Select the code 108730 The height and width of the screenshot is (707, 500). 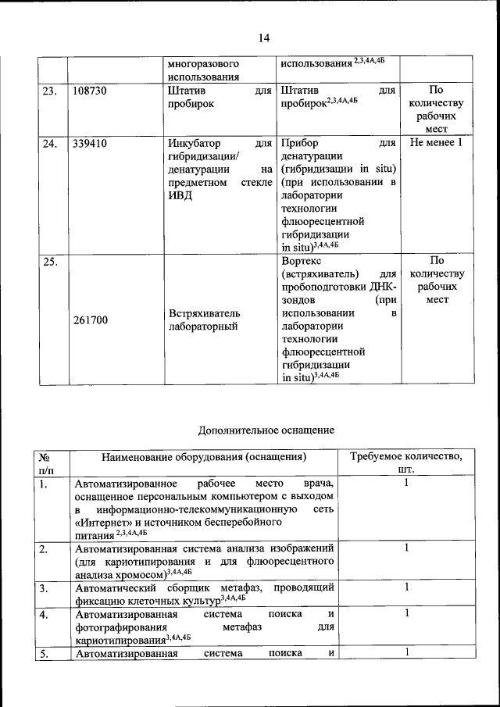(90, 91)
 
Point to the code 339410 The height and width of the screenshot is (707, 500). (90, 143)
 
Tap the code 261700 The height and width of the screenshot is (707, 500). (90, 320)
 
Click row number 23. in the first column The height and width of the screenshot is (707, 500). (49, 91)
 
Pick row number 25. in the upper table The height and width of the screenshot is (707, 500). (49, 262)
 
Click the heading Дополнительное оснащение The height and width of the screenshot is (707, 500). (266, 430)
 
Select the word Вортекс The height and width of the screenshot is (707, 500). (300, 261)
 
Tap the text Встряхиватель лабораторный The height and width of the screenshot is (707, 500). (204, 320)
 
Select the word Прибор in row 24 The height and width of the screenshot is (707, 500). (298, 143)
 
